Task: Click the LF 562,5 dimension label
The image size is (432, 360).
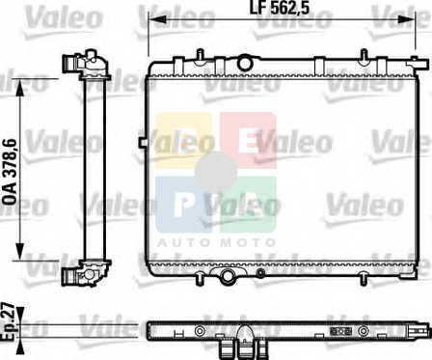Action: [280, 8]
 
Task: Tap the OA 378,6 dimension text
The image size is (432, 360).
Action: [9, 172]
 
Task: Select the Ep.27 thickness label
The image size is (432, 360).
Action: [8, 321]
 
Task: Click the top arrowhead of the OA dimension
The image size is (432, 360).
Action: [20, 88]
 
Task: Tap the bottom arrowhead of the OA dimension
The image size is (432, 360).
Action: [20, 251]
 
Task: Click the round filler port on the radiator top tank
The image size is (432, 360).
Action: [245, 63]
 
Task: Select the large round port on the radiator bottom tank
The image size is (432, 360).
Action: [228, 275]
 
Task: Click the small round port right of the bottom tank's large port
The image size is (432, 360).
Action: [260, 273]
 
